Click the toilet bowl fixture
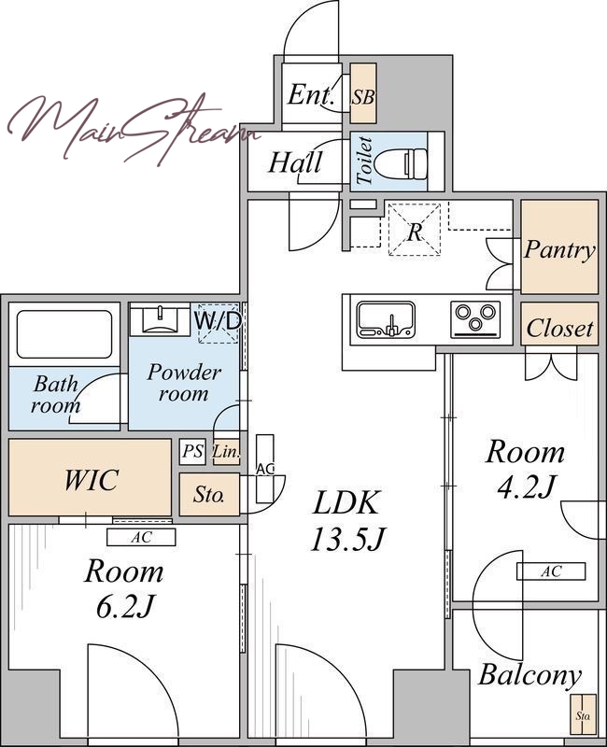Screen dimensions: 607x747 tap(401, 162)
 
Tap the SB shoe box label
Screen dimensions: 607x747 tap(363, 97)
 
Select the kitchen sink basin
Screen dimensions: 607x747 tap(386, 318)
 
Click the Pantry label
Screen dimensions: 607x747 tap(559, 249)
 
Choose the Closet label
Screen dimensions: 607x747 tap(559, 328)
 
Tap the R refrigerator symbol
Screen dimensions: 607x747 tap(415, 230)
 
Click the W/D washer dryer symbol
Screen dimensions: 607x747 tap(218, 322)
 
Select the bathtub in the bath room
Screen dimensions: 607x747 tap(64, 334)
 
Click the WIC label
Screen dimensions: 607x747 tap(91, 479)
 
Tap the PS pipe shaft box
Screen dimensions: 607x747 tap(193, 451)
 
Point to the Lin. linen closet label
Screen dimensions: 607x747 tap(226, 451)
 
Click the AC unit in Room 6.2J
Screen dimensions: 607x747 tap(141, 538)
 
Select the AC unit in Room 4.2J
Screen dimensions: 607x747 tap(551, 571)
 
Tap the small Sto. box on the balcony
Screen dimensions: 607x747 tap(583, 714)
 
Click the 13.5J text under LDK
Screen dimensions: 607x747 tap(346, 540)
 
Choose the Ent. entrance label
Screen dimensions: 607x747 tap(310, 94)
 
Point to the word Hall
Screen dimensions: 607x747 tap(295, 162)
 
